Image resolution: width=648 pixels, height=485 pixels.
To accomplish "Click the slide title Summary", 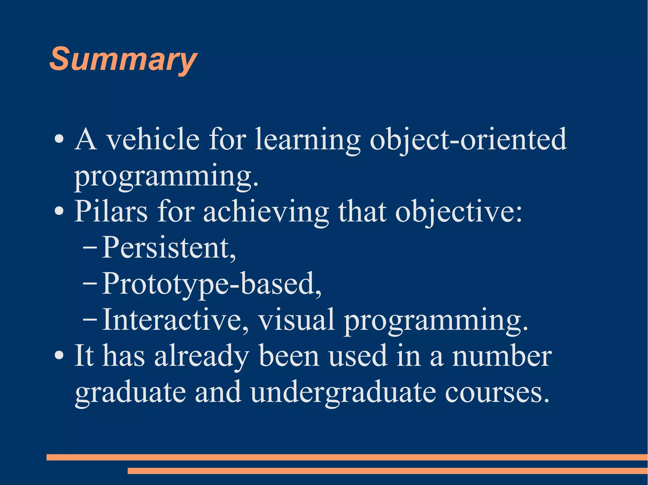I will click(123, 59).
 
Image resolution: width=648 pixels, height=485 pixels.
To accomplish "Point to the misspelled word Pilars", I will click(111, 211).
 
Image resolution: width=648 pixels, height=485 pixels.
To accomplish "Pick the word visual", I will click(296, 320).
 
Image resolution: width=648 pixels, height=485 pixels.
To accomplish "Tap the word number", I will click(502, 356).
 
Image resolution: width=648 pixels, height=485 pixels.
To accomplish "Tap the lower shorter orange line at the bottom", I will click(388, 471).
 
